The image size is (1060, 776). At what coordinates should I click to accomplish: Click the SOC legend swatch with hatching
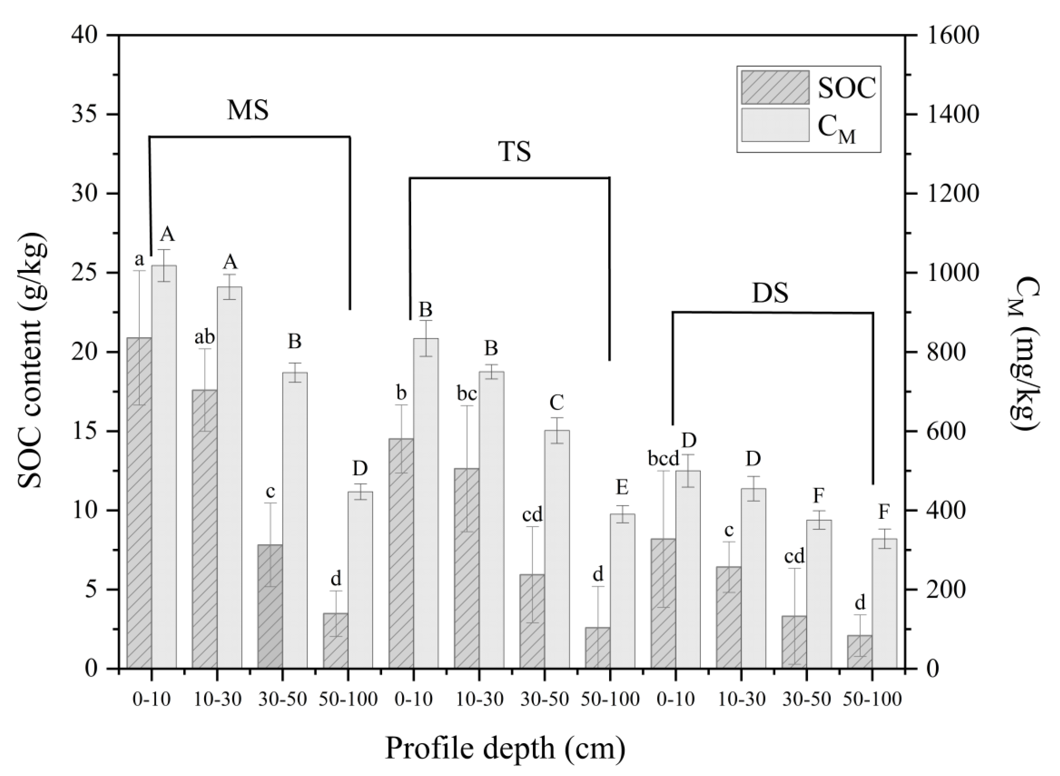click(775, 87)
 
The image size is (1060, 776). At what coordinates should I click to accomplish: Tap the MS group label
click(248, 110)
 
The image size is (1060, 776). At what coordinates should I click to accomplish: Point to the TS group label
click(514, 152)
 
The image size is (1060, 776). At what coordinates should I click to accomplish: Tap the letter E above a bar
click(622, 487)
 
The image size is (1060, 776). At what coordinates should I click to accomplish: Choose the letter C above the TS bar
click(557, 403)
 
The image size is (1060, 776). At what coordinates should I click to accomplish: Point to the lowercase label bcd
click(663, 459)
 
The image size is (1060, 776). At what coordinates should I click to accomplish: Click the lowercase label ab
click(205, 337)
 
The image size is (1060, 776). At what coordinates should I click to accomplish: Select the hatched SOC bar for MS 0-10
click(139, 503)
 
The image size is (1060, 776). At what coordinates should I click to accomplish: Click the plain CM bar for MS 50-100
click(360, 579)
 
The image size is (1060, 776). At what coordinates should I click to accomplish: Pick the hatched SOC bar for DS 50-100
click(860, 651)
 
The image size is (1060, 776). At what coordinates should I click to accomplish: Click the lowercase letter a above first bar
click(139, 260)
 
